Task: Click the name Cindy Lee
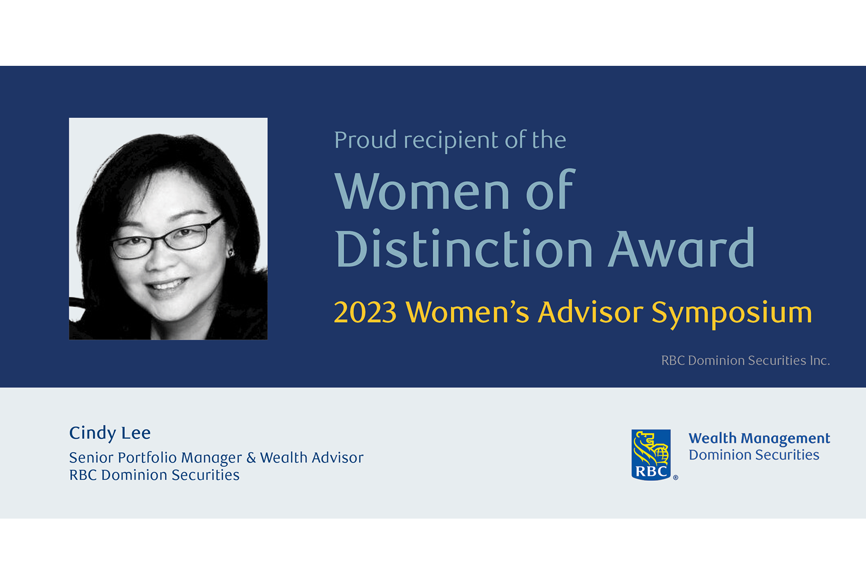pyautogui.click(x=110, y=433)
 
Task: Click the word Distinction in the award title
pyautogui.click(x=464, y=249)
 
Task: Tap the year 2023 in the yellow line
pyautogui.click(x=365, y=312)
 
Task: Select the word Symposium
pyautogui.click(x=731, y=313)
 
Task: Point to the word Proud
pyautogui.click(x=365, y=140)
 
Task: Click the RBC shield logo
pyautogui.click(x=651, y=454)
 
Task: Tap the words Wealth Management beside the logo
pyautogui.click(x=759, y=438)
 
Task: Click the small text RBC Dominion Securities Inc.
pyautogui.click(x=745, y=360)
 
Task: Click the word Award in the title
pyautogui.click(x=681, y=249)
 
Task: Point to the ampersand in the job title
pyautogui.click(x=251, y=458)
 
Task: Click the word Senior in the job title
pyautogui.click(x=91, y=458)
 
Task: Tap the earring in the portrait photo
pyautogui.click(x=231, y=253)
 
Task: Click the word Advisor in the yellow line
pyautogui.click(x=590, y=312)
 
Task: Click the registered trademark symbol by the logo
pyautogui.click(x=675, y=478)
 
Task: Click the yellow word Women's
pyautogui.click(x=467, y=312)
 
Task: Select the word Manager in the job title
pyautogui.click(x=211, y=458)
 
